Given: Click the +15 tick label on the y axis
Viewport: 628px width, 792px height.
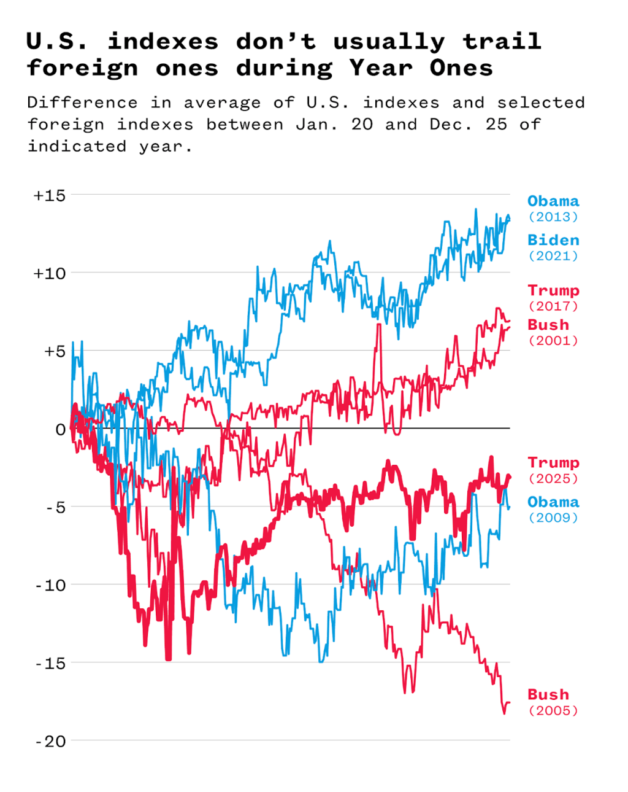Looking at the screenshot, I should pyautogui.click(x=49, y=195).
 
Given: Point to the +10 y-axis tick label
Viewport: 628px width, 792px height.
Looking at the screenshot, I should pyautogui.click(x=49, y=273).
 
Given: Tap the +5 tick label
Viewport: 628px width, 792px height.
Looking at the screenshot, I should pyautogui.click(x=52, y=351).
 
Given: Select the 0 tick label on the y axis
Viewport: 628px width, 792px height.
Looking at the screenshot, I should pyautogui.click(x=60, y=429).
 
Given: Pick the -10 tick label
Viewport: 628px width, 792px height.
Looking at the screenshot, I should pyautogui.click(x=50, y=585).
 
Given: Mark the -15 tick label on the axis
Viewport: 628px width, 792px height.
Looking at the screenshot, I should pyautogui.click(x=50, y=663).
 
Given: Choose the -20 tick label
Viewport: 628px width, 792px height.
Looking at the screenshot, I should pyautogui.click(x=50, y=741).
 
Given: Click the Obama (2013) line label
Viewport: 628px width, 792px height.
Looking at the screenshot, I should pyautogui.click(x=553, y=208).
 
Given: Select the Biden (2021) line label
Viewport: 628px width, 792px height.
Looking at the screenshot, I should pyautogui.click(x=553, y=247).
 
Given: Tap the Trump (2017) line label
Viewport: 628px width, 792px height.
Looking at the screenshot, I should pyautogui.click(x=553, y=298).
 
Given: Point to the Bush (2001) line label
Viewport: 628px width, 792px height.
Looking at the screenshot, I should pyautogui.click(x=553, y=332).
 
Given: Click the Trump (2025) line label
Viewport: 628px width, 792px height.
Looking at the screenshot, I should pyautogui.click(x=553, y=470).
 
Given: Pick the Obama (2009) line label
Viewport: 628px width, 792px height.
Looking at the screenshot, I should pyautogui.click(x=553, y=509).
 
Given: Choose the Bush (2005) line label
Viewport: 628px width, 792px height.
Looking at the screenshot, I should pyautogui.click(x=553, y=702).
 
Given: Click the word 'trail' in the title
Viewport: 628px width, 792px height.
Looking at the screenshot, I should pyautogui.click(x=502, y=41).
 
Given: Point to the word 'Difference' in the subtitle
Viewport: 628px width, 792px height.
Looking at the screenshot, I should pyautogui.click(x=82, y=103).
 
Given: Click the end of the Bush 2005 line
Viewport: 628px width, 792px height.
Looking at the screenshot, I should pyautogui.click(x=509, y=702).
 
